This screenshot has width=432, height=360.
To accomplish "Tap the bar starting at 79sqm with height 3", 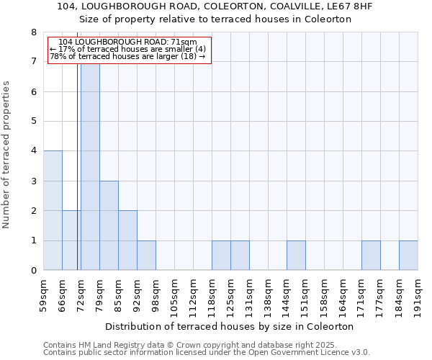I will pos(109,225).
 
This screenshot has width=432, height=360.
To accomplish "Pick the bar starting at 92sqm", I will pos(146,256).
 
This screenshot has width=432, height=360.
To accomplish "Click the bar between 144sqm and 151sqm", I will pos(296,256).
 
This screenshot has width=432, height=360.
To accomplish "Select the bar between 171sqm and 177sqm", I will pos(371,256).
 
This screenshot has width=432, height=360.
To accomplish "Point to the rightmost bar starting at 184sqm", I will pos(408,256).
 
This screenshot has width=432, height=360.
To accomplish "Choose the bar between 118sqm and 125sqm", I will pos(221,256).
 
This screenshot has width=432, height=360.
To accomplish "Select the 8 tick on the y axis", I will pos(33,32).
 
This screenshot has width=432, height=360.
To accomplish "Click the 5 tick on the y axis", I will pos(33,122).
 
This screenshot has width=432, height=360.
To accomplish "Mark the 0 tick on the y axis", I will pos(33,271).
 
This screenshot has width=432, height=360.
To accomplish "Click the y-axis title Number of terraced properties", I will pos(7,155).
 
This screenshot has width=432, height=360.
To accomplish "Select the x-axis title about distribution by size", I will pos(234,326).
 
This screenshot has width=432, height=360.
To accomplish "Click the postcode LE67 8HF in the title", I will pos(352,6).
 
